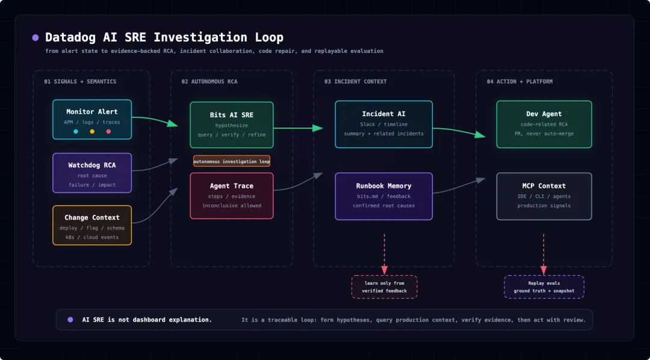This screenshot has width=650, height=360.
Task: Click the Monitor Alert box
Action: click(92, 119)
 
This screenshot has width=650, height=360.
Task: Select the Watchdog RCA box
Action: click(92, 173)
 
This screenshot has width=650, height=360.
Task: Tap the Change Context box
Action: click(92, 225)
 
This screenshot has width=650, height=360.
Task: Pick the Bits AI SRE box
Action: click(232, 125)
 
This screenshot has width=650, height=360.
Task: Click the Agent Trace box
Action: click(232, 196)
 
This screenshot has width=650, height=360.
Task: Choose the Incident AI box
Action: click(384, 125)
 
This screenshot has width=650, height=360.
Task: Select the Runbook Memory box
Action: click(384, 196)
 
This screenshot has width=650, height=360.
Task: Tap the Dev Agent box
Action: click(544, 125)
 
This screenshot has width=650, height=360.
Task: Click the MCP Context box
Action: click(544, 196)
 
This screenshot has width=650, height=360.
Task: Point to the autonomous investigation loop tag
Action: click(232, 161)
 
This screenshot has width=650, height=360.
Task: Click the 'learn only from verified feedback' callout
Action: click(384, 287)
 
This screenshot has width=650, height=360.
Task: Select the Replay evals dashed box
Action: click(544, 287)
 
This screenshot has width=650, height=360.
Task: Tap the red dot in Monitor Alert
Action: click(108, 131)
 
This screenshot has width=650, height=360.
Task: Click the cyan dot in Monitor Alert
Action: click(75, 131)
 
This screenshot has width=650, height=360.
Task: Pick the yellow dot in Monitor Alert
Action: click(92, 131)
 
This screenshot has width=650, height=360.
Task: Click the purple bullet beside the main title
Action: click(36, 38)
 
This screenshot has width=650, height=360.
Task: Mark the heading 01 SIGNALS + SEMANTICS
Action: click(81, 82)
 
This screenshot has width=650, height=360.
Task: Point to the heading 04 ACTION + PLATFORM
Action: click(520, 82)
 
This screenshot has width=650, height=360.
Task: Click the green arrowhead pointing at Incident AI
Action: click(318, 128)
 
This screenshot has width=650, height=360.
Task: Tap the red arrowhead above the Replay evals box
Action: click(543, 270)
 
